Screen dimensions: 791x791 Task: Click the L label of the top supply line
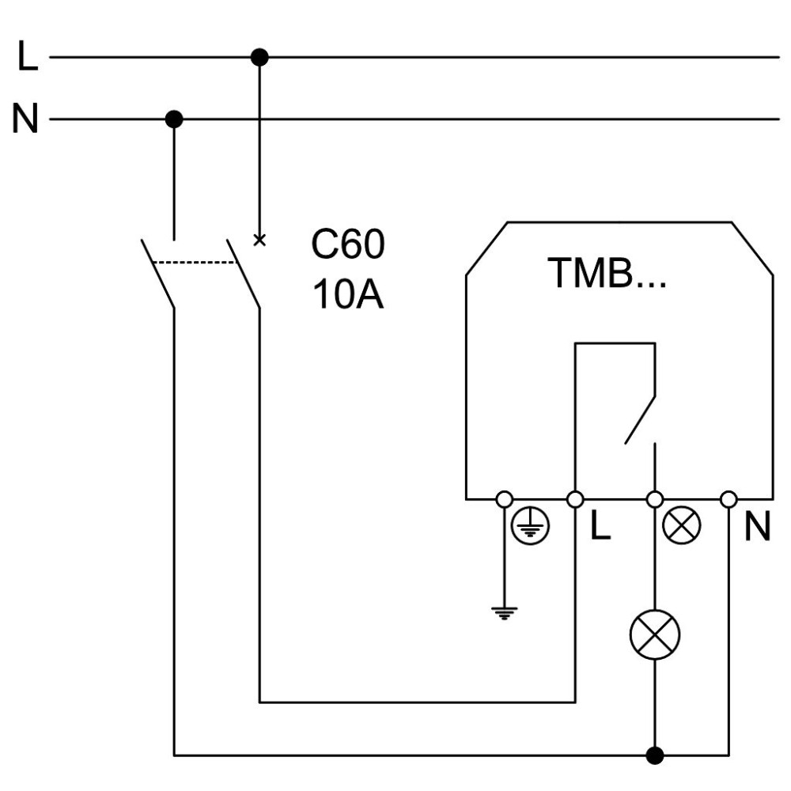point(28,55)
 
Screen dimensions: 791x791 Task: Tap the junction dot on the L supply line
point(259,57)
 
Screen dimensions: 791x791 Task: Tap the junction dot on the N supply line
point(174,119)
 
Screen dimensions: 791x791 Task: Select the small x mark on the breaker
point(259,240)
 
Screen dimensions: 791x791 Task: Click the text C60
point(347,244)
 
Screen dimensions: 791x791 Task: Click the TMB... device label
point(607,272)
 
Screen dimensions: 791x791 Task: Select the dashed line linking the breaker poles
point(195,263)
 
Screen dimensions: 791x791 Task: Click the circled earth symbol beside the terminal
point(530,526)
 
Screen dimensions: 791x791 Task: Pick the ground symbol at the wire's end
point(504,613)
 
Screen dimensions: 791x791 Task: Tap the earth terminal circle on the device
point(505,499)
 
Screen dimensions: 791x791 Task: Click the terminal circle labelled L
point(575,499)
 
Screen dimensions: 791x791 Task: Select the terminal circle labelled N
point(729,499)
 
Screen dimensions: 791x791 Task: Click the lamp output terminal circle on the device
point(655,499)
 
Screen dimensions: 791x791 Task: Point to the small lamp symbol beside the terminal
point(681,526)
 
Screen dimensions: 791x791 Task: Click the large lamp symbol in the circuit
point(655,634)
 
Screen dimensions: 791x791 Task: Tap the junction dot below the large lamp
point(655,755)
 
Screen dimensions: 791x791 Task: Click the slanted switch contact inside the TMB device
point(640,420)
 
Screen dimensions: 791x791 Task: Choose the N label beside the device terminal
point(758,527)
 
